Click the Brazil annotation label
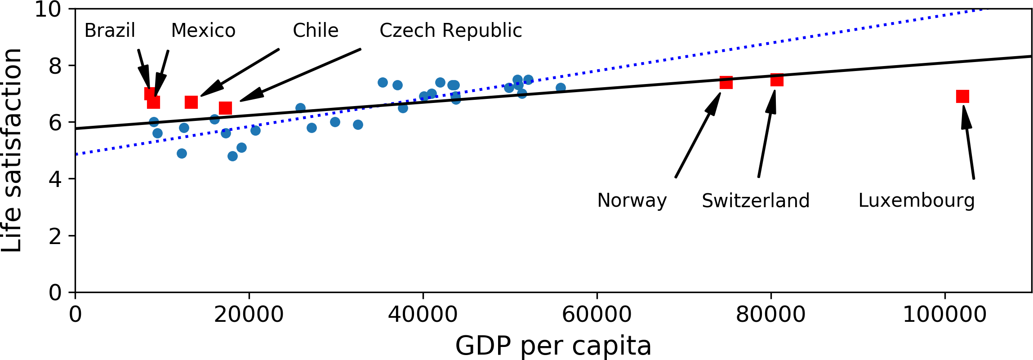point(110,31)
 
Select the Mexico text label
point(203,31)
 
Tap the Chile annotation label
point(316,31)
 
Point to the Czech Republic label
point(450,31)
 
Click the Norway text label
point(632,200)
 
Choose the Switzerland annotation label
point(755,200)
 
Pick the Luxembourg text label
point(916,200)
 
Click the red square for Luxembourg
point(962,96)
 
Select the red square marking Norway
point(726,82)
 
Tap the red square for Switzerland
point(777,80)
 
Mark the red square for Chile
point(191,102)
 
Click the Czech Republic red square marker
point(225,108)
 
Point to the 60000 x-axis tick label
point(597,315)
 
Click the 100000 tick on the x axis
point(944,315)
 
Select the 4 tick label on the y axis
point(55,179)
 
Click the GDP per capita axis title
point(553,346)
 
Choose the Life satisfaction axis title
point(12,150)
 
